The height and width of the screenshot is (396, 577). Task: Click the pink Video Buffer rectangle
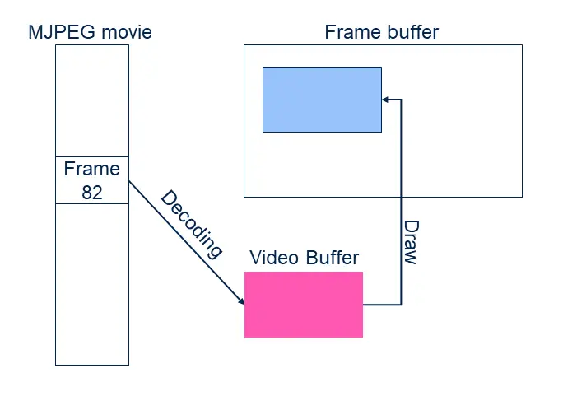(x=303, y=304)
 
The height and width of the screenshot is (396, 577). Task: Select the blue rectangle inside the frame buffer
(x=322, y=99)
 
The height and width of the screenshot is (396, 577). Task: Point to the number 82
(x=91, y=192)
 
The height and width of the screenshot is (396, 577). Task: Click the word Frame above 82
(x=91, y=170)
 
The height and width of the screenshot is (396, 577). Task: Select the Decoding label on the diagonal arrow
(x=192, y=224)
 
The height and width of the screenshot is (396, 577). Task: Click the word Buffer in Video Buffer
(x=332, y=258)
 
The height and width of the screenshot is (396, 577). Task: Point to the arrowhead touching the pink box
(x=240, y=301)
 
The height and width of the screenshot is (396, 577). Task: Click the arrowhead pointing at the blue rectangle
(x=386, y=100)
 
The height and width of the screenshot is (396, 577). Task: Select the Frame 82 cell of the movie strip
(x=91, y=180)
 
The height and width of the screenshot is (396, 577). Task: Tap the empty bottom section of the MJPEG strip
(x=91, y=284)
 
